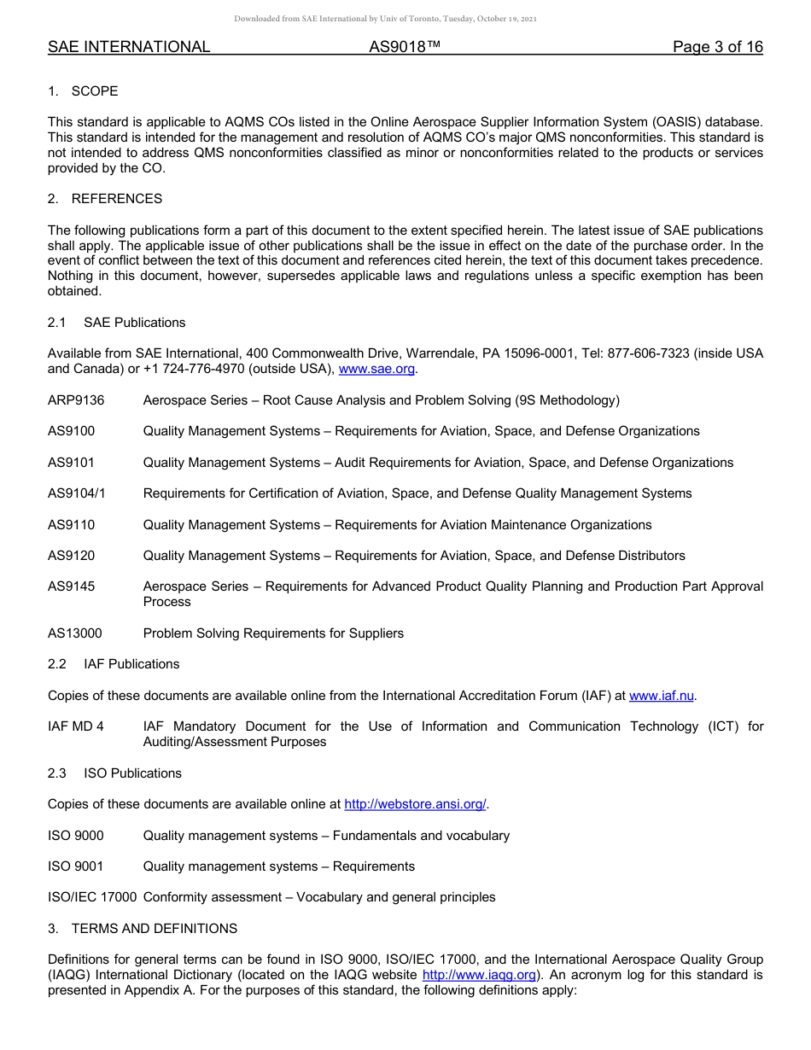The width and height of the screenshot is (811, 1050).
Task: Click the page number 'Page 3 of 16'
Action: (x=717, y=47)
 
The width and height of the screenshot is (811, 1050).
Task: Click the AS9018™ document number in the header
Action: (x=405, y=47)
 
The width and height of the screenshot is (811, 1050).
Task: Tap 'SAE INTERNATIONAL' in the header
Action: (x=129, y=47)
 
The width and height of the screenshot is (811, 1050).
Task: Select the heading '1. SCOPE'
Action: (x=83, y=91)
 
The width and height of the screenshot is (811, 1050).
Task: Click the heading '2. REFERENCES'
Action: (x=105, y=199)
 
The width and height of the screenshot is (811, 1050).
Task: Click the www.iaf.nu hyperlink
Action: (x=662, y=696)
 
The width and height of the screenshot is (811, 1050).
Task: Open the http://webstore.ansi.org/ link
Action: (x=415, y=804)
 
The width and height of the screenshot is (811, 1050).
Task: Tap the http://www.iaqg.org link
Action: (x=479, y=975)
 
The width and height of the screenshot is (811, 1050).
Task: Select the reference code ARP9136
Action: (x=76, y=400)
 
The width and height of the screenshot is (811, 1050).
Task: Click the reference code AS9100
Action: (x=72, y=431)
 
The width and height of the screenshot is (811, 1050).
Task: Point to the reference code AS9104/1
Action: (x=77, y=493)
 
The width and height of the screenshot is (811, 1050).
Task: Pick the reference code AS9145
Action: (x=72, y=586)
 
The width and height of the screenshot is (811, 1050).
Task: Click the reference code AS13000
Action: (x=75, y=633)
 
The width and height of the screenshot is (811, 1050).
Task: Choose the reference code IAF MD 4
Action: (x=76, y=726)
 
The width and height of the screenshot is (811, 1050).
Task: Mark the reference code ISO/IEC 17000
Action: (x=92, y=897)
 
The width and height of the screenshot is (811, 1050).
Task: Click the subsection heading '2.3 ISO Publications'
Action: (x=114, y=773)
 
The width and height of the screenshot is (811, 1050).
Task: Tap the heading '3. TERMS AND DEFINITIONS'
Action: (x=143, y=928)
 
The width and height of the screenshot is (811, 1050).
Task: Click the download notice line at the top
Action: (x=386, y=19)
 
